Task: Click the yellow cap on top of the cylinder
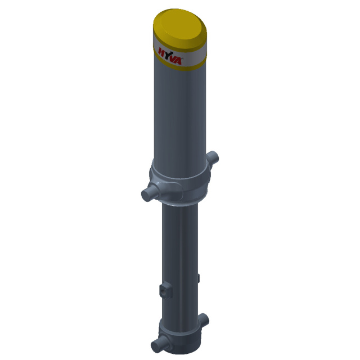[180, 29]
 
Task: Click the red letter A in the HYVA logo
[178, 61]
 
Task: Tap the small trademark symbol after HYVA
[182, 58]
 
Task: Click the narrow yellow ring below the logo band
[180, 64]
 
